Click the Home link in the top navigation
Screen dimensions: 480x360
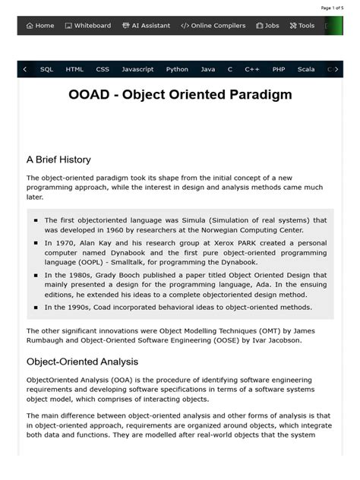(40, 26)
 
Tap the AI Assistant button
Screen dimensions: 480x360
(146, 26)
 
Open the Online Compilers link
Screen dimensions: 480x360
(213, 26)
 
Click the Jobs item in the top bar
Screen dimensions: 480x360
(267, 26)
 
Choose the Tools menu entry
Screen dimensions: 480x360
(302, 26)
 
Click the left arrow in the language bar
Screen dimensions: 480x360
(25, 69)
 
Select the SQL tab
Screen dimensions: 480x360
(47, 69)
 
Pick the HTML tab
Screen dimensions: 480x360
(74, 69)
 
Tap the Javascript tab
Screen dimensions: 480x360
(137, 69)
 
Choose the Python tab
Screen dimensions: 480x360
(177, 69)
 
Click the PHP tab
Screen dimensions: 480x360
(279, 69)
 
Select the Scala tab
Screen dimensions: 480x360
(306, 69)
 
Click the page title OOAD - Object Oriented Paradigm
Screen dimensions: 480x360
(180, 96)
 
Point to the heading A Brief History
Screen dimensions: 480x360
(58, 159)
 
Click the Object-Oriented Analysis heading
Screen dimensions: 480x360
(82, 362)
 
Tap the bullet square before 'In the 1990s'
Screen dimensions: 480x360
(36, 308)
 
